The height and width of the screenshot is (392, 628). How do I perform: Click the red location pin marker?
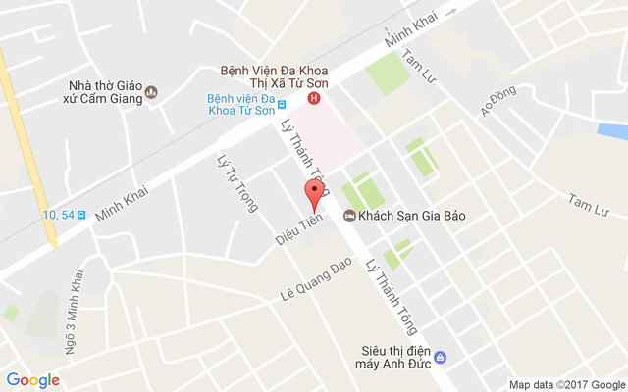point(314,194)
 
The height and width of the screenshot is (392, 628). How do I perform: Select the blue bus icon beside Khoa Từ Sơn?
point(282,104)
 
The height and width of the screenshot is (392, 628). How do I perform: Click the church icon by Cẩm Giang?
point(151,93)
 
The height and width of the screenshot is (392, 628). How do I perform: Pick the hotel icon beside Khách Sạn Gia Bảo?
point(348,216)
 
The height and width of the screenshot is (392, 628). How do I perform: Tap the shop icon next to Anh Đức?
point(441,356)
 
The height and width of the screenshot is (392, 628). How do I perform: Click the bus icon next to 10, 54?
point(80,215)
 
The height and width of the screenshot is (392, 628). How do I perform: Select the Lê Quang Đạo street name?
point(316,282)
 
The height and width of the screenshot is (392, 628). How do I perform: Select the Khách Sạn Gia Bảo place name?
point(411,216)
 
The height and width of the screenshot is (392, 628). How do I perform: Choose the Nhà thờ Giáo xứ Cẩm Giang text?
point(105,93)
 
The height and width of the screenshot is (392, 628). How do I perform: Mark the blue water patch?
point(614,130)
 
